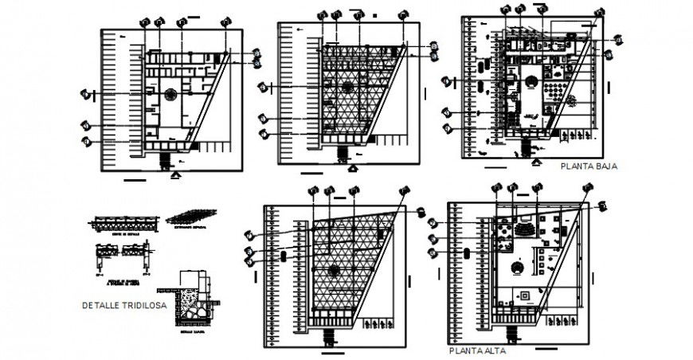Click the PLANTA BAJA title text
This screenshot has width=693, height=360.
point(589,167)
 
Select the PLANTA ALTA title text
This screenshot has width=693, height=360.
point(476,350)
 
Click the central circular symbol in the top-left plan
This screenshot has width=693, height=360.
point(170,94)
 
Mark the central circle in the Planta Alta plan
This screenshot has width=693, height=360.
point(519,269)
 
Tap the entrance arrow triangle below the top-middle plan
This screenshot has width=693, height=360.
point(354,168)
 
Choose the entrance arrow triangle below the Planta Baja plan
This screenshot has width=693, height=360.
point(532,162)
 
